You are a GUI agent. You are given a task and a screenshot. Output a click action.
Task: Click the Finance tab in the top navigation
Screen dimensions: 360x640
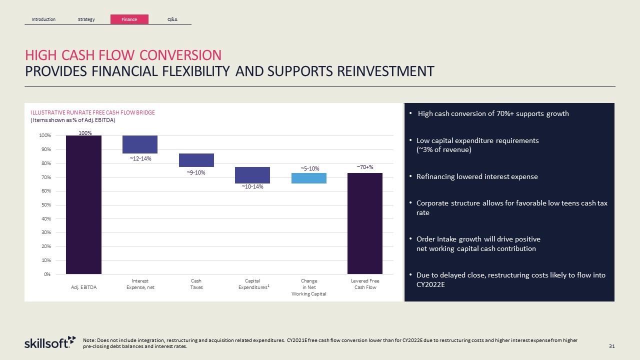[129, 19]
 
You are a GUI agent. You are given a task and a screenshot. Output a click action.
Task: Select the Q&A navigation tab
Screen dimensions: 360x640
[172, 19]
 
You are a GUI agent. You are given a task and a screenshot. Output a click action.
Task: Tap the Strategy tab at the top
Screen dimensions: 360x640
[86, 19]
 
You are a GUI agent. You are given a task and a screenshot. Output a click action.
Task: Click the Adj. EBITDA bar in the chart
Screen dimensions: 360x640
[83, 204]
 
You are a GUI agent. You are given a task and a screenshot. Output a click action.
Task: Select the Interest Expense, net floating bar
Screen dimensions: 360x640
[140, 144]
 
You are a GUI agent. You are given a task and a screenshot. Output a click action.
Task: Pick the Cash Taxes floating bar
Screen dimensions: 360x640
[196, 160]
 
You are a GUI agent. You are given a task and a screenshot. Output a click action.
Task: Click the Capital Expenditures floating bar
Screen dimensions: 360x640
[252, 175]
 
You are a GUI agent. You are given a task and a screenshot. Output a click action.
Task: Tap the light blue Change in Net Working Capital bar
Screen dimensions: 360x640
[309, 178]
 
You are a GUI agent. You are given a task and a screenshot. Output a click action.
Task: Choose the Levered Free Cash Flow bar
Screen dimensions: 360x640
[365, 223]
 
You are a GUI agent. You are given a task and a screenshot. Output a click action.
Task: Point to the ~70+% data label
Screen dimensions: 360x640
[365, 167]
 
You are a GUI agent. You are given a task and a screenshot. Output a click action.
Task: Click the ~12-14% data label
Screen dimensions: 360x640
[140, 158]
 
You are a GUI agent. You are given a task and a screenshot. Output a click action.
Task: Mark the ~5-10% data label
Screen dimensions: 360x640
[310, 168]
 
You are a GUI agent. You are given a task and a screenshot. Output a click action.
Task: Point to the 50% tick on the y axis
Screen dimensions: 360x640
[45, 205]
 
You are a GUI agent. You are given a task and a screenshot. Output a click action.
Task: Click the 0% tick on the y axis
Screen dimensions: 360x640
[46, 274]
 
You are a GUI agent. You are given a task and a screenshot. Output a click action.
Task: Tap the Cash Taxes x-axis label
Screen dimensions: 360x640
[196, 284]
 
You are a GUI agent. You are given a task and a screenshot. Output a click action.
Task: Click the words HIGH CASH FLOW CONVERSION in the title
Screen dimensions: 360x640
[123, 55]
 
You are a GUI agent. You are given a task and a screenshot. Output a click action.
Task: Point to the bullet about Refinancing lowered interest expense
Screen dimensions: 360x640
[477, 176]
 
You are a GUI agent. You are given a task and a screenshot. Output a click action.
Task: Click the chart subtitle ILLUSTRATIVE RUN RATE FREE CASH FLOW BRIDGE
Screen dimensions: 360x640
[92, 112]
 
